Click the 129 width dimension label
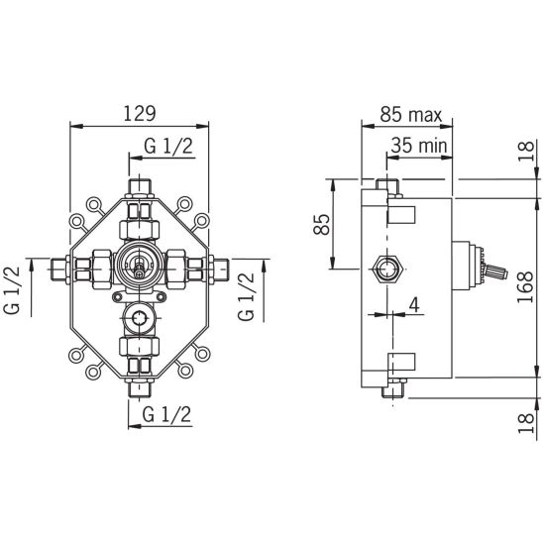(x=140, y=114)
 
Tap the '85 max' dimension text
(x=410, y=114)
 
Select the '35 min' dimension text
(x=419, y=146)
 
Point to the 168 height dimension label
(x=525, y=287)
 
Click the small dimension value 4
(x=414, y=305)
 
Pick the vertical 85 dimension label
(x=322, y=224)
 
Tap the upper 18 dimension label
(x=526, y=151)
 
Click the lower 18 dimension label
(x=526, y=423)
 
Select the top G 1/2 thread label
(x=168, y=146)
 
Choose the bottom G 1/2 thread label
(x=166, y=414)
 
